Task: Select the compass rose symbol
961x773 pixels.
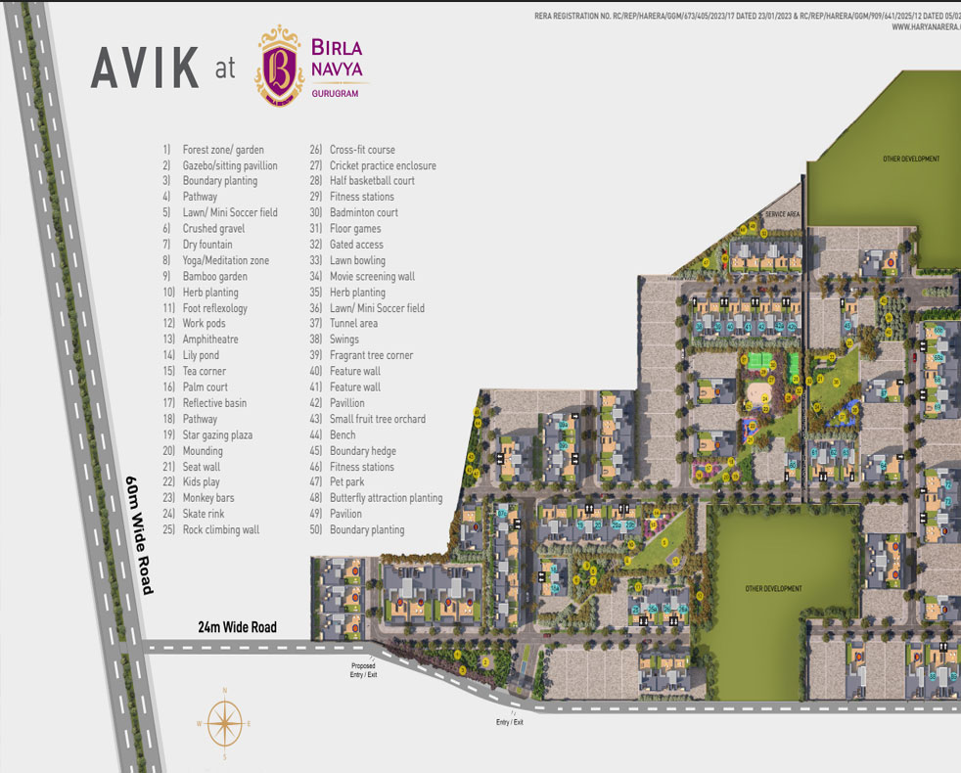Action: click(224, 724)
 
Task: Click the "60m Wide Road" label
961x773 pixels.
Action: click(139, 535)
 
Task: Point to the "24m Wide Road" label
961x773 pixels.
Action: click(237, 627)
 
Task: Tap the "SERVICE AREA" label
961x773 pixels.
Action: click(783, 213)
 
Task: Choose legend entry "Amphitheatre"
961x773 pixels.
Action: click(209, 340)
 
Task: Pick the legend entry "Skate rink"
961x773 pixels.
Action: click(204, 514)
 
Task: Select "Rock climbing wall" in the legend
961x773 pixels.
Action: click(220, 529)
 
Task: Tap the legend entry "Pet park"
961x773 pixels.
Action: click(346, 482)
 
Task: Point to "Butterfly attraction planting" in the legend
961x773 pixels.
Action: click(386, 498)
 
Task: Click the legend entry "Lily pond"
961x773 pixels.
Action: click(201, 355)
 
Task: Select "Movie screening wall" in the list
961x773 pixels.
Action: click(372, 276)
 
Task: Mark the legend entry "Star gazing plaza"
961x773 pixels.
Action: click(216, 434)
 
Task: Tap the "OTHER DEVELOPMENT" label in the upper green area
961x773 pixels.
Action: click(910, 159)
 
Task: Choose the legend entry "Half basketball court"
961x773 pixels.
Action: click(372, 181)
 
